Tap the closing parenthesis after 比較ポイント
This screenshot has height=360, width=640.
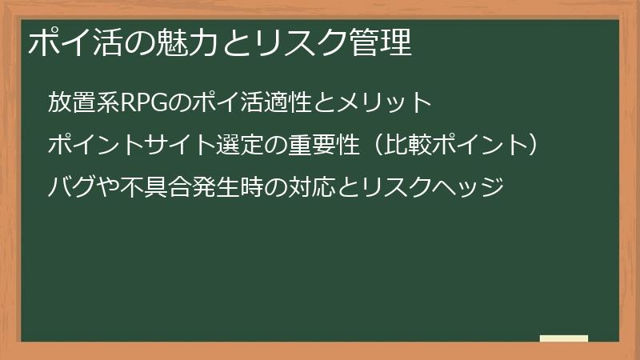click(544, 146)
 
